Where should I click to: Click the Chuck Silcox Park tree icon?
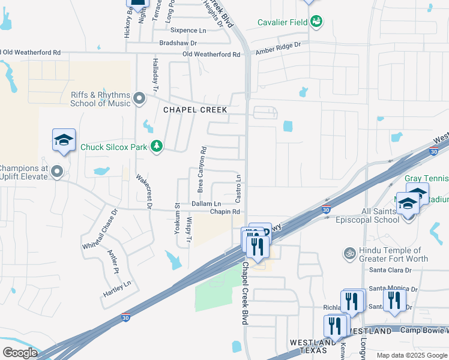157,146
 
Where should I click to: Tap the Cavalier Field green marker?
316,23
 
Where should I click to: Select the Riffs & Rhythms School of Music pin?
140,98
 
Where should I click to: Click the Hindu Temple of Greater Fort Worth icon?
349,254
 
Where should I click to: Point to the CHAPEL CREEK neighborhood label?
195,110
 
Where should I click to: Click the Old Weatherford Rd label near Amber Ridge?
211,55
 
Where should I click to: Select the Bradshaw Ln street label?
179,43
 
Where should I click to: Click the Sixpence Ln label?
188,30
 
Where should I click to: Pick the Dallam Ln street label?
206,204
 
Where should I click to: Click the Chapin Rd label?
225,212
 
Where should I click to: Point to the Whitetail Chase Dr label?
100,229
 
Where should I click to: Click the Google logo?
20,352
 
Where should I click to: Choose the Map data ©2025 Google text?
411,355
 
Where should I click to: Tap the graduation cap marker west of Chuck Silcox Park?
64,140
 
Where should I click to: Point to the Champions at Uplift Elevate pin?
58,172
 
